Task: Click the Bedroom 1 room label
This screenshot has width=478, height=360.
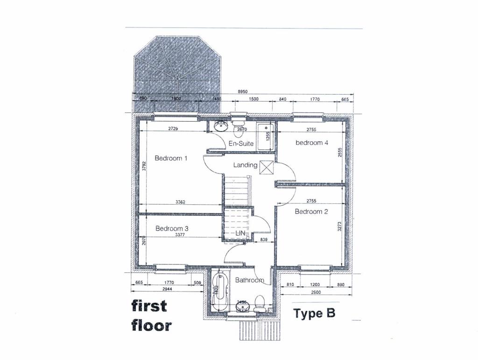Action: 171,158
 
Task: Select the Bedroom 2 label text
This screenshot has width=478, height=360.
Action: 311,211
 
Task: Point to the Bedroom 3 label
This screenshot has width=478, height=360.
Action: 172,228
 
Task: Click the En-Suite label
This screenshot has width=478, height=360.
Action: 241,144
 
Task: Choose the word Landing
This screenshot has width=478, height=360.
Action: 245,165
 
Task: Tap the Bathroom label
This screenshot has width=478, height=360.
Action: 249,280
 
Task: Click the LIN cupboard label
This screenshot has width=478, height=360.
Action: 240,233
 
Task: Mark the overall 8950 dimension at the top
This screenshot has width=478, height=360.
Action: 243,92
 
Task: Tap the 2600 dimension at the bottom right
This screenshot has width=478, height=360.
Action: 315,291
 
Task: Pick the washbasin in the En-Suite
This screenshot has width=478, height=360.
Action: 220,126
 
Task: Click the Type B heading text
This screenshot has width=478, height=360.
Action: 314,313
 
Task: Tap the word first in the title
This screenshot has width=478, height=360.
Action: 149,306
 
